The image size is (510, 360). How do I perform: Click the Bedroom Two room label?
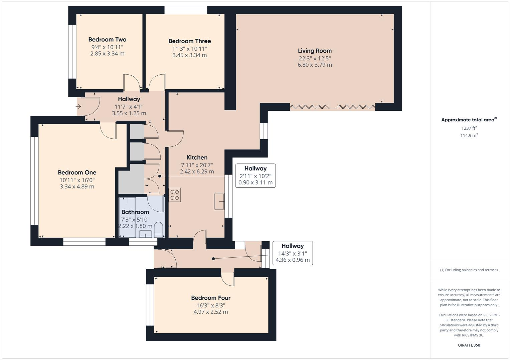click(x=107, y=40)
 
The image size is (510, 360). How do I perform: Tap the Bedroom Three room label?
click(x=189, y=41)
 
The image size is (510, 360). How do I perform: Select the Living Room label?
click(x=315, y=51)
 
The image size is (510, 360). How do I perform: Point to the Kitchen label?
click(x=197, y=158)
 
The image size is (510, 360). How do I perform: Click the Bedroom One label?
click(x=77, y=173)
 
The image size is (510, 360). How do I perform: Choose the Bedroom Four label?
click(x=211, y=298)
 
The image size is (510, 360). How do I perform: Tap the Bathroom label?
click(x=135, y=212)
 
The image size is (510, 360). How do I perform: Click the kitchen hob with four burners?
click(x=175, y=195)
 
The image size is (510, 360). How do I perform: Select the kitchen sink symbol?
click(x=219, y=201)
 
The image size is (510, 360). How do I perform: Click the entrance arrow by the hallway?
click(x=78, y=107)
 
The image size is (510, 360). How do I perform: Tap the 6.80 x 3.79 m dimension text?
click(x=315, y=65)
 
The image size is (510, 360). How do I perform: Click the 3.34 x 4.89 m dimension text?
click(x=77, y=187)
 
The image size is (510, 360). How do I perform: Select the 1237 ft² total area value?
click(x=469, y=128)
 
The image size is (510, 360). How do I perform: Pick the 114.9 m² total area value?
click(x=469, y=135)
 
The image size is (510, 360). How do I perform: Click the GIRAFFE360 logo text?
click(x=469, y=345)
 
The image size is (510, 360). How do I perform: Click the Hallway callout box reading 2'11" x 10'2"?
click(x=256, y=176)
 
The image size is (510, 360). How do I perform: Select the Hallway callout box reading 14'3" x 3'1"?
click(x=293, y=253)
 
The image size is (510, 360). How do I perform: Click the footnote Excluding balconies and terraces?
click(x=469, y=270)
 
